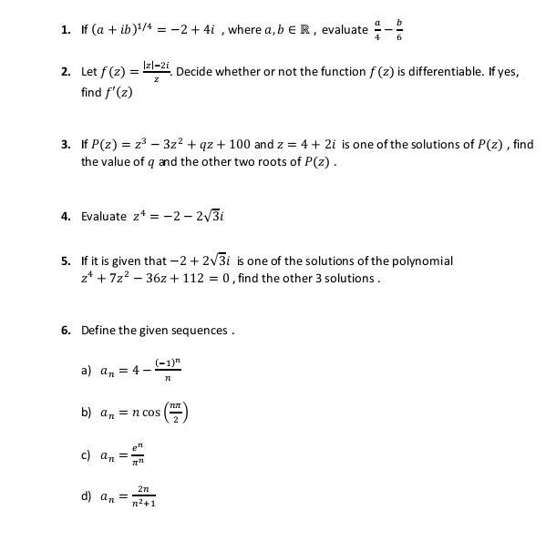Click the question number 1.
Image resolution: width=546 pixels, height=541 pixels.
click(x=66, y=30)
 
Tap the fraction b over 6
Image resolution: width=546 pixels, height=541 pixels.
click(x=398, y=29)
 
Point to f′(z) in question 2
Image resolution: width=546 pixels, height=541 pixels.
click(x=118, y=92)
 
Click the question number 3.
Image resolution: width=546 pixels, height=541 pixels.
click(x=66, y=144)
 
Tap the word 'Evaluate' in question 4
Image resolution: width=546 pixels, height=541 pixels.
click(x=104, y=216)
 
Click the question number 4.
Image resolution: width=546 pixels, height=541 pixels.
click(x=66, y=216)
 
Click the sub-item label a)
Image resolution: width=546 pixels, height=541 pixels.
click(x=87, y=371)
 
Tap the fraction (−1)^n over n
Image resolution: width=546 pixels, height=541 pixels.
click(x=167, y=371)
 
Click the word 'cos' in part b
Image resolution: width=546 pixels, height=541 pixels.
click(x=150, y=413)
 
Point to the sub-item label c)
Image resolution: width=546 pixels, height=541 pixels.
click(x=87, y=454)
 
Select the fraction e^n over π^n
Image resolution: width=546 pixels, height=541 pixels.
click(x=136, y=454)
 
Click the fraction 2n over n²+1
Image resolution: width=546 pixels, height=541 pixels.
click(x=143, y=496)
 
